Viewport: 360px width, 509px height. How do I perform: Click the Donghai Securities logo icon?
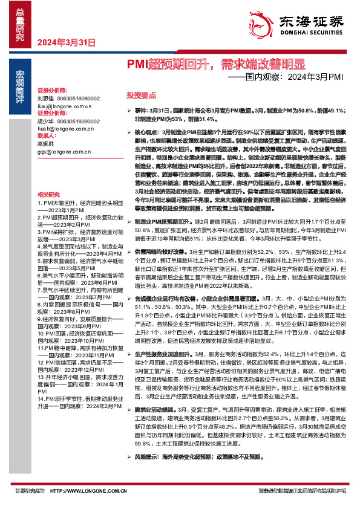click(259, 21)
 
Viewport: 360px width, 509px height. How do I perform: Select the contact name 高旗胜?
click(45, 145)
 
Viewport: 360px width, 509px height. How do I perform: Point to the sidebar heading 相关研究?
click(48, 194)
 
